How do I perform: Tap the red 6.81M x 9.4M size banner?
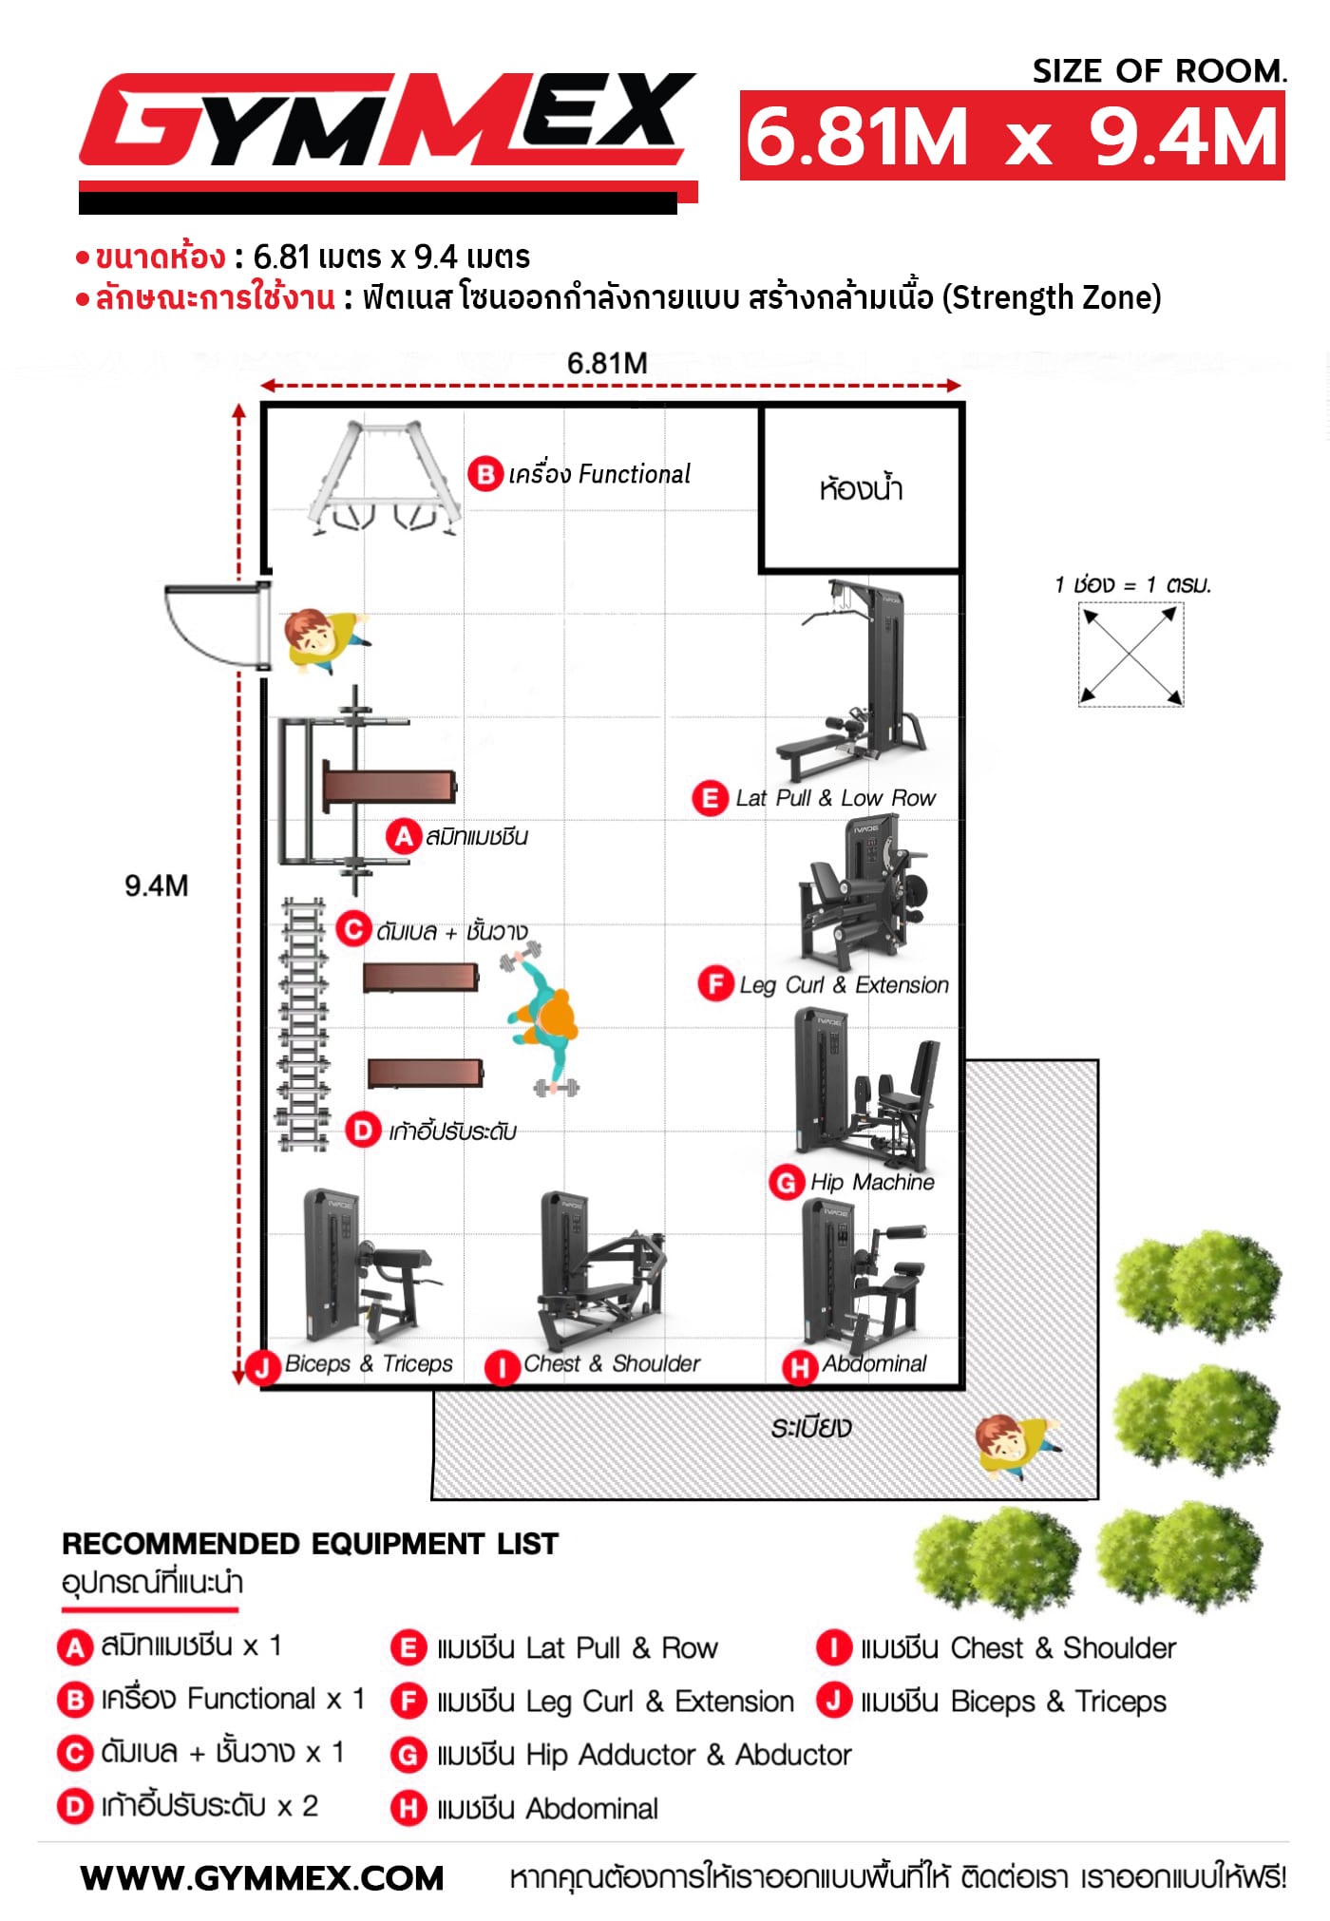click(x=1013, y=136)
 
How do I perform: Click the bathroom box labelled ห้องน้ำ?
click(x=861, y=488)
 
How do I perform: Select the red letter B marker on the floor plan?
click(x=484, y=473)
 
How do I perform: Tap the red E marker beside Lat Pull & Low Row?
click(x=709, y=798)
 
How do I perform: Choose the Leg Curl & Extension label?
click(x=844, y=985)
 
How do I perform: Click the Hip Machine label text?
click(x=872, y=1182)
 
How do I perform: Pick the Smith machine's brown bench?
click(x=389, y=788)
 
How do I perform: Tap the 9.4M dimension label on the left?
click(x=157, y=885)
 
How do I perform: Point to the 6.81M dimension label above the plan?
click(x=607, y=363)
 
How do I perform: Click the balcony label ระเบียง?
click(x=811, y=1427)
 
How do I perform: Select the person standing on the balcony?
click(x=1016, y=1444)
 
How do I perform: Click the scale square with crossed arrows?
click(x=1130, y=655)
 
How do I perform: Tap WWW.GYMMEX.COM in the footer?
click(x=262, y=1878)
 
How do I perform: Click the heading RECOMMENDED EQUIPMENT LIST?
click(x=310, y=1544)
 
